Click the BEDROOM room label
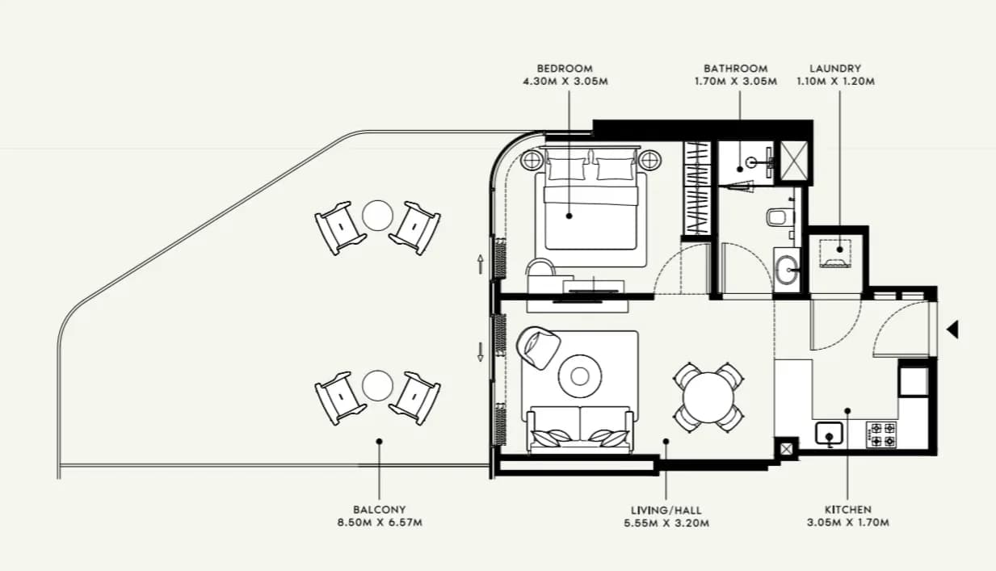pyautogui.click(x=565, y=69)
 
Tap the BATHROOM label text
pyautogui.click(x=735, y=69)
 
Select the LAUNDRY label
pyautogui.click(x=835, y=69)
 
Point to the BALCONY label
pyautogui.click(x=380, y=510)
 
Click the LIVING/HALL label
pyautogui.click(x=666, y=510)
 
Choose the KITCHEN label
pyautogui.click(x=847, y=510)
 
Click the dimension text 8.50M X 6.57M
pyautogui.click(x=380, y=523)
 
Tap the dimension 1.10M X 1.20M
pyautogui.click(x=835, y=82)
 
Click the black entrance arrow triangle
pyautogui.click(x=952, y=330)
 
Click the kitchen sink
pyautogui.click(x=829, y=433)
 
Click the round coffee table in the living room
pyautogui.click(x=579, y=376)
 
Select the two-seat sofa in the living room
pyautogui.click(x=580, y=429)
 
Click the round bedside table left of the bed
pyautogui.click(x=532, y=160)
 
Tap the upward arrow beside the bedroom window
pyautogui.click(x=480, y=264)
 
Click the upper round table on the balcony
pyautogui.click(x=377, y=216)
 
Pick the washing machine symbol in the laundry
pyautogui.click(x=835, y=254)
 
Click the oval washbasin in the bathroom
pyautogui.click(x=786, y=270)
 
